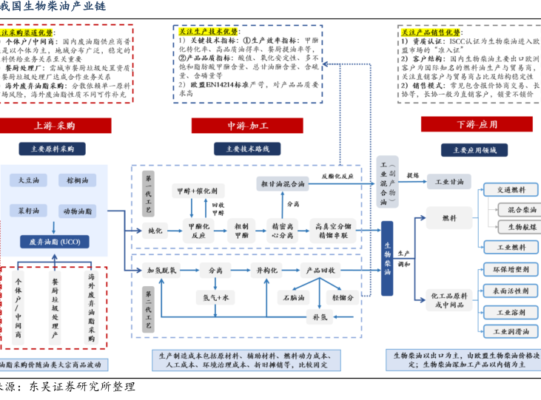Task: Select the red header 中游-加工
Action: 248,125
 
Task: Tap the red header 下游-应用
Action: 477,123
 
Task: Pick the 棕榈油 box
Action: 77,180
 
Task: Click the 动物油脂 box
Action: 77,210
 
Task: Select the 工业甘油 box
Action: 449,182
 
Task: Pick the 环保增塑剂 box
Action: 510,270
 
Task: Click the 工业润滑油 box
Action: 510,331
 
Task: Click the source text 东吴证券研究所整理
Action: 81,387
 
